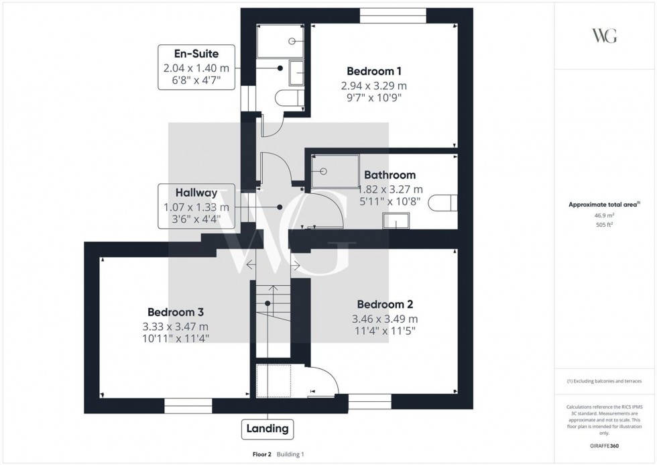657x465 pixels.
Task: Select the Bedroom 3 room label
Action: point(176,312)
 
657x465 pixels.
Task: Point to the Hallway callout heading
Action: point(196,193)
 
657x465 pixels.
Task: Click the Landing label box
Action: point(267,428)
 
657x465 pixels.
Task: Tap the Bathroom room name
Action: point(390,175)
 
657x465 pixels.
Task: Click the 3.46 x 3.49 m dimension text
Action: point(385,319)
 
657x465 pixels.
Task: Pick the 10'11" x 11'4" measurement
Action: point(176,339)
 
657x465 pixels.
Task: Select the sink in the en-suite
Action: point(296,72)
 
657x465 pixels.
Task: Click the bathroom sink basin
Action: point(396,220)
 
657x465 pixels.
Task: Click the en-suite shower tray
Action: point(282,41)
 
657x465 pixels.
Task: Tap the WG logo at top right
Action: point(604,36)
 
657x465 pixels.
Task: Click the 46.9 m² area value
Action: point(604,215)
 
